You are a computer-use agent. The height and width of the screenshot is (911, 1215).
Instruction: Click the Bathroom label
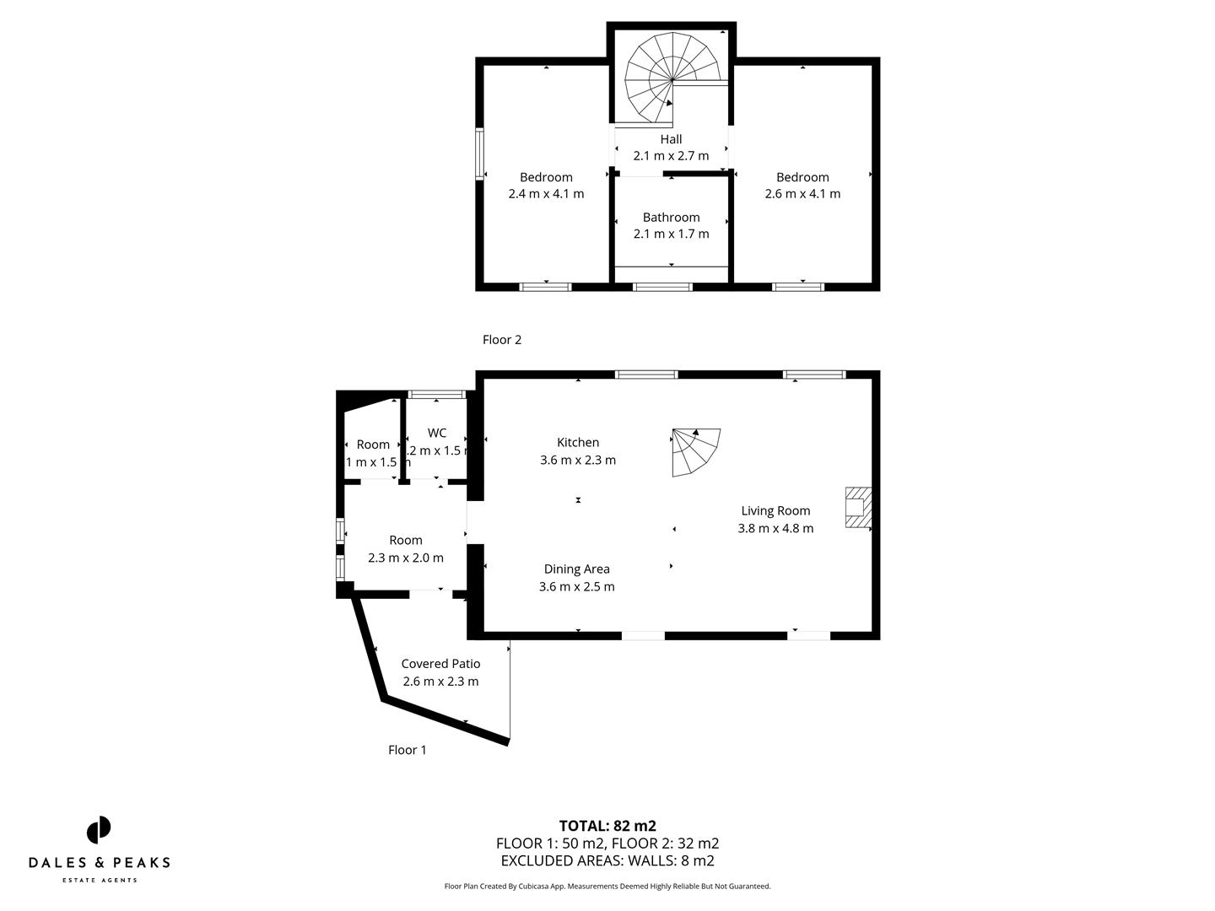(x=671, y=218)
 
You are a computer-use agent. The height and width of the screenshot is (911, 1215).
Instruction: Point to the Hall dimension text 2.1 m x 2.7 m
(x=671, y=156)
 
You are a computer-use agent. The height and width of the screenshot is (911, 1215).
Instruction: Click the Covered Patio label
(x=440, y=664)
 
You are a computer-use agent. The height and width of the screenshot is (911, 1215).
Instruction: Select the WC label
(x=437, y=434)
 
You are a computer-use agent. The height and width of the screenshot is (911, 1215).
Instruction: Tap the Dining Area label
(x=576, y=569)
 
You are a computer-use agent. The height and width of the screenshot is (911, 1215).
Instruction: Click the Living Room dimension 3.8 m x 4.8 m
(x=775, y=529)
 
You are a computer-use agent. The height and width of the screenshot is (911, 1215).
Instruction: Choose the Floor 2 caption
(x=502, y=340)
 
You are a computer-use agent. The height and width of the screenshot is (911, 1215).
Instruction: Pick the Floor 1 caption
(x=408, y=750)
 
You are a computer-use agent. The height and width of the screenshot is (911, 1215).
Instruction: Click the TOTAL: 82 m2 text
(x=607, y=826)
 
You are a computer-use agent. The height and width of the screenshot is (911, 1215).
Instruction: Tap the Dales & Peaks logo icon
(x=99, y=830)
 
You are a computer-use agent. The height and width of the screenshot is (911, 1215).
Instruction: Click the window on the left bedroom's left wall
(x=480, y=154)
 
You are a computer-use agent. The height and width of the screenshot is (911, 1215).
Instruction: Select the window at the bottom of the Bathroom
(x=662, y=287)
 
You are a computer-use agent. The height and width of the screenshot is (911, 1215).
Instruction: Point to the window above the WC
(x=437, y=394)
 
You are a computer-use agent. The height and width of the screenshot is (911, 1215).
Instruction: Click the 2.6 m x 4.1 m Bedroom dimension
(x=802, y=194)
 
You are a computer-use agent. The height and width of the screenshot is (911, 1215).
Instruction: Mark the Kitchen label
(x=578, y=443)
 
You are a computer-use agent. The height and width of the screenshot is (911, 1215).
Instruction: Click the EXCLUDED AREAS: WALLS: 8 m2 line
(x=607, y=861)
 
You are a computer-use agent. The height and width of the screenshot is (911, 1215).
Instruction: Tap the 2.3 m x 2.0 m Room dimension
(x=406, y=558)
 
